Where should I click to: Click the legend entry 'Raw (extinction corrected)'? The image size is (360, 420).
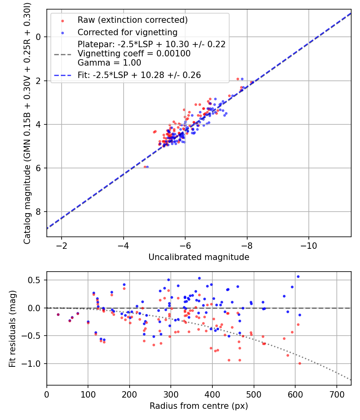pyautogui.click(x=132, y=20)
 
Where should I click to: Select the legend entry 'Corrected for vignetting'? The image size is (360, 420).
pyautogui.click(x=127, y=32)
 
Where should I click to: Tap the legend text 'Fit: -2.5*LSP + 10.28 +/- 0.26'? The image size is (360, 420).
pyautogui.click(x=139, y=75)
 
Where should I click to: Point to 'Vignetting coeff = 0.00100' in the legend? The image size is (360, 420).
pyautogui.click(x=134, y=53)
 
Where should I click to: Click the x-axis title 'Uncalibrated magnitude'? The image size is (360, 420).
pyautogui.click(x=199, y=257)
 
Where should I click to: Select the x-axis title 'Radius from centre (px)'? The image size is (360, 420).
pyautogui.click(x=199, y=406)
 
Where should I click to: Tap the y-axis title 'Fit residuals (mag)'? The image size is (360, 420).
pyautogui.click(x=12, y=328)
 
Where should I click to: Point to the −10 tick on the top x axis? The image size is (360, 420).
pyautogui.click(x=308, y=245)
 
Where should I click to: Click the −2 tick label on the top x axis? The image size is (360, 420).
pyautogui.click(x=62, y=245)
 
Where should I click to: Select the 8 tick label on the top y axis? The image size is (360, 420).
pyautogui.click(x=38, y=212)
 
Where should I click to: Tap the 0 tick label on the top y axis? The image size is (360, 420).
pyautogui.click(x=38, y=37)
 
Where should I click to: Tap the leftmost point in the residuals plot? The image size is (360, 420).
pyautogui.click(x=58, y=314)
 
